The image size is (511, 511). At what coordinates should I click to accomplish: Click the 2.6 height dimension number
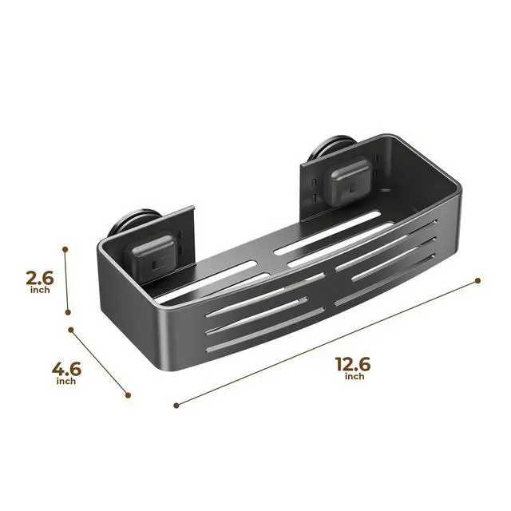tap(39, 278)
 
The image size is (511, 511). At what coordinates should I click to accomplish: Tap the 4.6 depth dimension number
tap(66, 370)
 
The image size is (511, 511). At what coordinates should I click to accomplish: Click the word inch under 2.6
tap(40, 290)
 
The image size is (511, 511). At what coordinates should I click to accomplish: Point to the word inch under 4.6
tap(66, 381)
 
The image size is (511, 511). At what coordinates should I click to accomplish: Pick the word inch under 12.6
tap(355, 376)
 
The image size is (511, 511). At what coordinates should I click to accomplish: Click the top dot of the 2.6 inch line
tap(65, 250)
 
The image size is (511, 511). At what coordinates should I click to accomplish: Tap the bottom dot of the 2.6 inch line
tap(68, 312)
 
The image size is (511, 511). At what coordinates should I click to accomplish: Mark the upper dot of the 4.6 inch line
tap(71, 330)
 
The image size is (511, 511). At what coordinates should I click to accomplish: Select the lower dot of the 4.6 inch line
tap(128, 395)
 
